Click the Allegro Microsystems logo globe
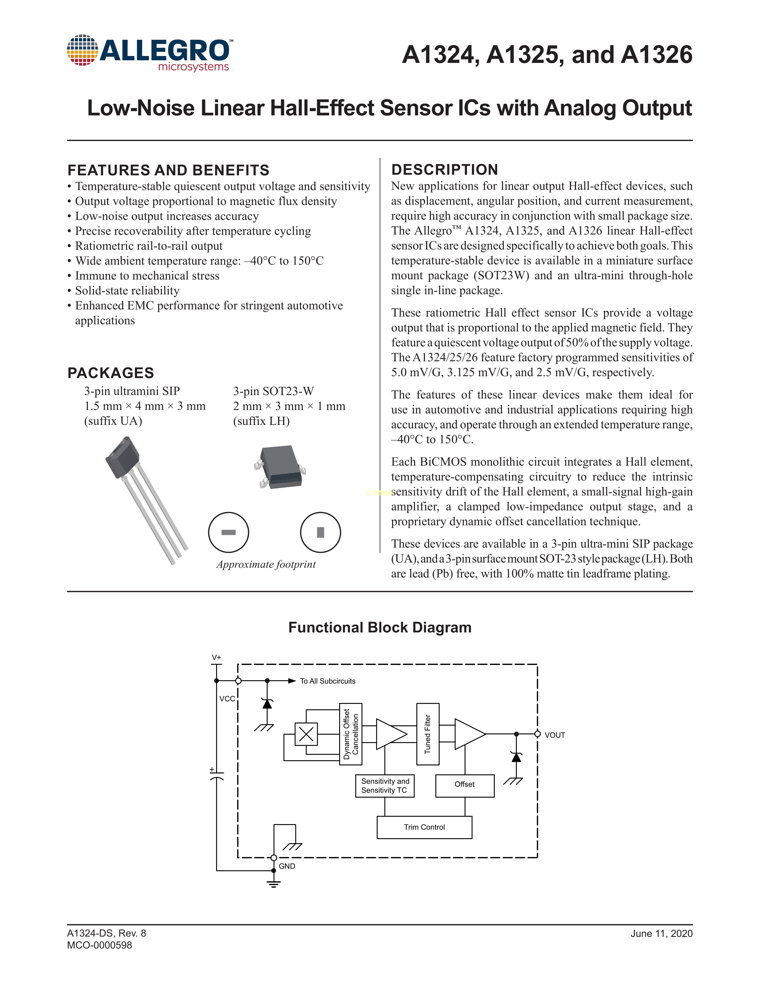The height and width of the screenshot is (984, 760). (x=82, y=50)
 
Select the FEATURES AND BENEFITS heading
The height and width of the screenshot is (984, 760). (x=168, y=170)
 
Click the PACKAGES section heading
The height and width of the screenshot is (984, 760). (x=111, y=373)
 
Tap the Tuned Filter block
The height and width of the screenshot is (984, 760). (x=428, y=734)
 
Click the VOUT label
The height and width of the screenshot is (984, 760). (x=555, y=735)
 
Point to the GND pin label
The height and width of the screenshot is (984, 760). (x=287, y=866)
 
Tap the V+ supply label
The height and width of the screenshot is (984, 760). (x=217, y=657)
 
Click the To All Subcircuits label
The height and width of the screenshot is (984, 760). (x=328, y=681)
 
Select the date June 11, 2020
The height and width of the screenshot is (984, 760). (x=661, y=934)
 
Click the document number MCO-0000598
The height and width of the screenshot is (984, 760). (x=100, y=945)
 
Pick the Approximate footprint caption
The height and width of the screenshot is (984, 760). (x=266, y=564)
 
